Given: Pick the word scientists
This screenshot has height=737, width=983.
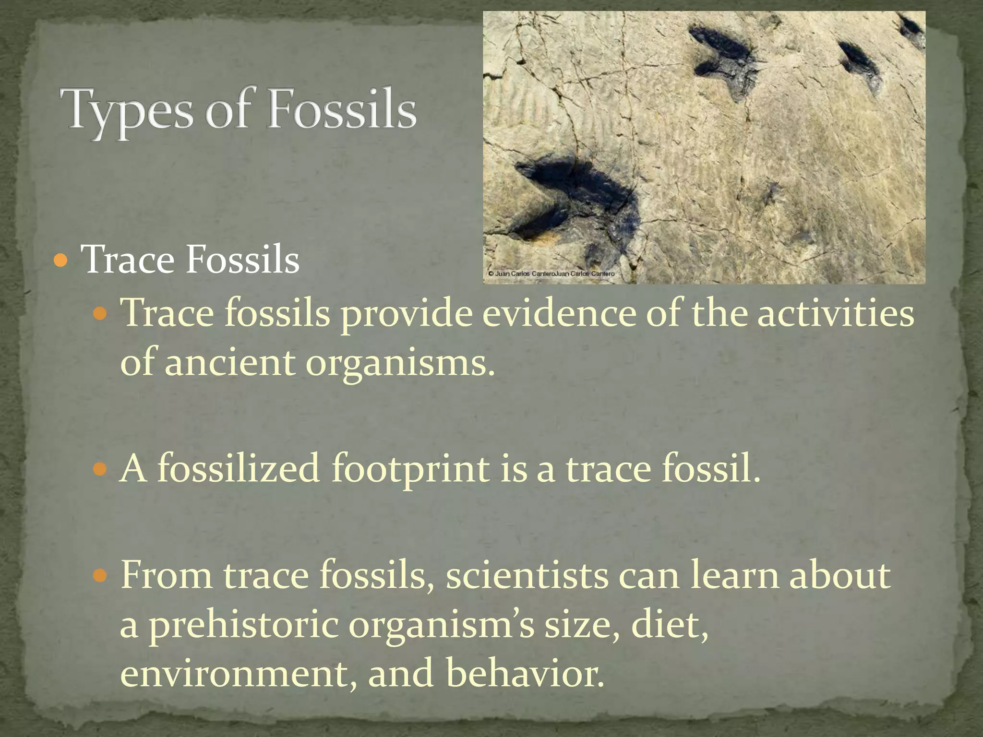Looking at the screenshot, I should pos(527,575).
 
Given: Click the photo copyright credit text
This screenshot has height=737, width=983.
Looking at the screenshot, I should pos(551,273).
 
